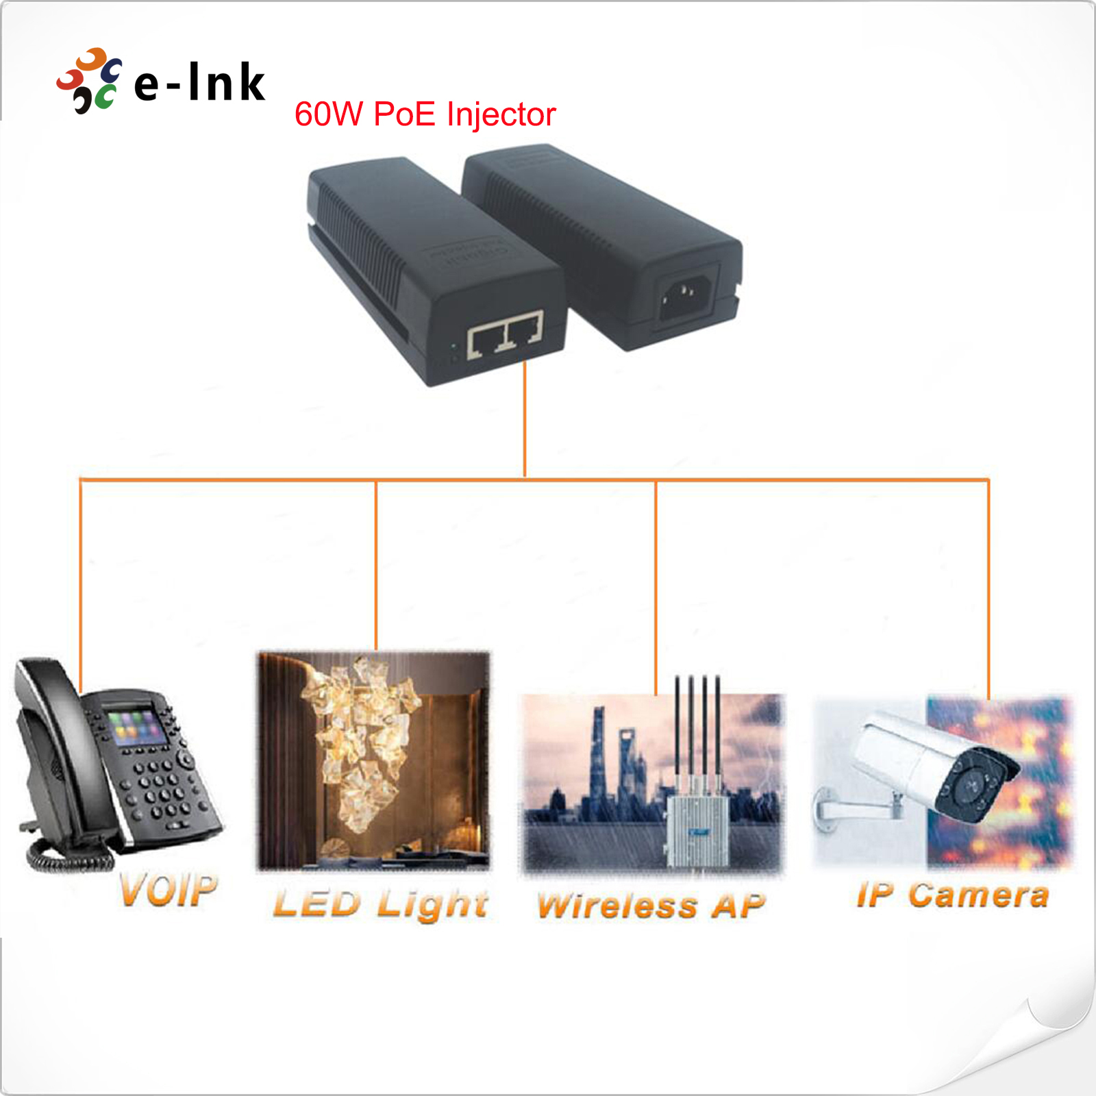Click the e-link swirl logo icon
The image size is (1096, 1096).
(x=89, y=81)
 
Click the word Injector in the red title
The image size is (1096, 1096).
(x=501, y=114)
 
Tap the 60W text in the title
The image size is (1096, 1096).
(x=328, y=114)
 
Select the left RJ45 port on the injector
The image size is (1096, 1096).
(x=486, y=338)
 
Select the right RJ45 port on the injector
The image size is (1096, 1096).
(x=525, y=329)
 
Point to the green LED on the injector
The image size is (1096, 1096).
(x=453, y=347)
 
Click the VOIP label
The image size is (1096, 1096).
(x=169, y=891)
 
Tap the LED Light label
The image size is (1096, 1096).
(x=381, y=904)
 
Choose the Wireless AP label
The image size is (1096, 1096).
(x=651, y=906)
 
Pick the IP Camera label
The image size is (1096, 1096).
(x=952, y=895)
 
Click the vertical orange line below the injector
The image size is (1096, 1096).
(x=525, y=418)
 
